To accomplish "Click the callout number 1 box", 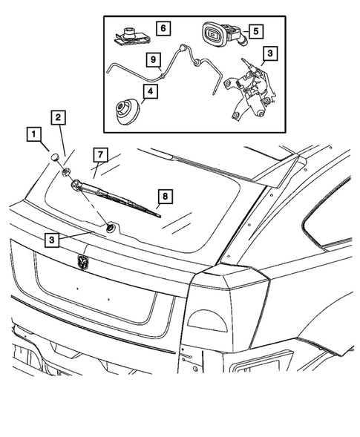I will click(33, 135).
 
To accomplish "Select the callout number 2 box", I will click(57, 116).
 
